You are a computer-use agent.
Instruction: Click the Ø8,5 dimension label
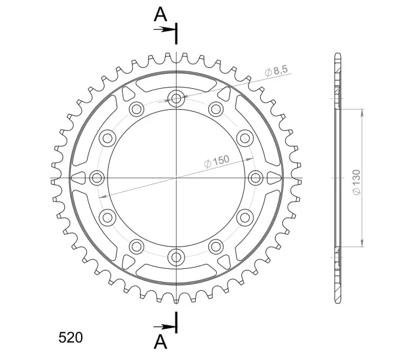click(x=276, y=71)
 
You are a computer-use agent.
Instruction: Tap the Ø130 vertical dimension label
click(x=356, y=182)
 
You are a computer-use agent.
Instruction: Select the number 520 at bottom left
click(x=71, y=338)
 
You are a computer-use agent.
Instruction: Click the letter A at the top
click(x=160, y=14)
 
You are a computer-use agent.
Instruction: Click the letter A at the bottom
click(x=160, y=341)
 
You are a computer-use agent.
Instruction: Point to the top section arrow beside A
click(x=165, y=29)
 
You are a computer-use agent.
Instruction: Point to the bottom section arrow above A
click(x=165, y=327)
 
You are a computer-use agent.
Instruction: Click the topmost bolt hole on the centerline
click(x=176, y=98)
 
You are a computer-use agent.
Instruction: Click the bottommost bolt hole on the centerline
click(x=176, y=257)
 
